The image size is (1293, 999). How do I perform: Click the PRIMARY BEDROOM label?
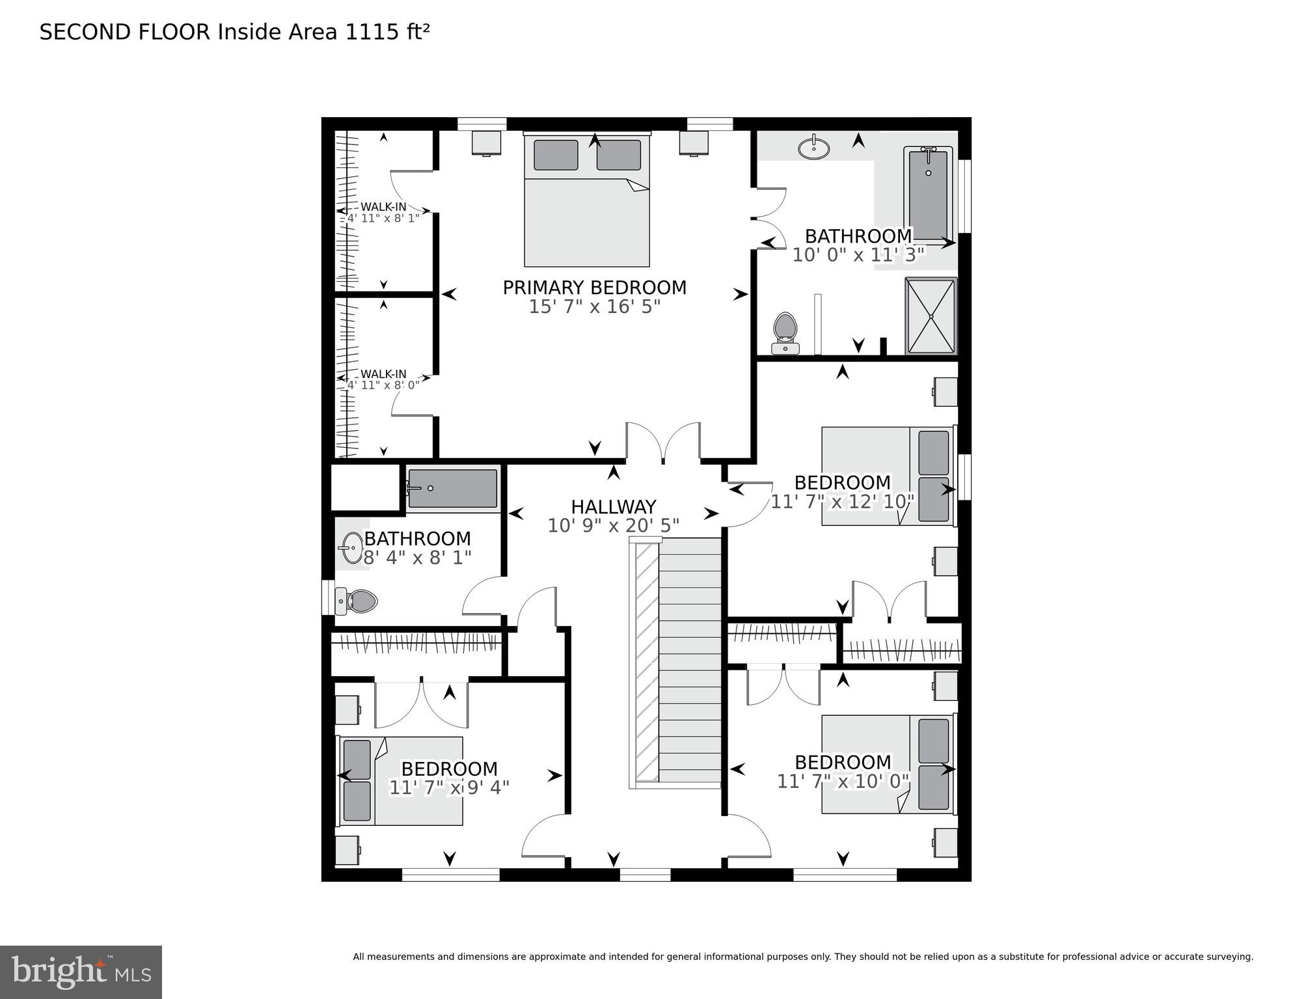click(594, 287)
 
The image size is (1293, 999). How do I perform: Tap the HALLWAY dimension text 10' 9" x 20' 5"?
click(613, 525)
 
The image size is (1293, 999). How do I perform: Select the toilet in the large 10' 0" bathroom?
click(785, 332)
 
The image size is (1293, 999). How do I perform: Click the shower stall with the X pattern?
click(931, 316)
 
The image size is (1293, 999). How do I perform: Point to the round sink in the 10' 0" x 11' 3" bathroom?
click(813, 148)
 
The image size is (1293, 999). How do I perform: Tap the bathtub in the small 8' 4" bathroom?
click(452, 488)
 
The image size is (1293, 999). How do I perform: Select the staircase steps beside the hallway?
click(690, 661)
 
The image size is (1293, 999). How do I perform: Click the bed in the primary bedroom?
click(587, 202)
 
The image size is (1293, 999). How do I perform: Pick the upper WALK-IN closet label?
click(383, 207)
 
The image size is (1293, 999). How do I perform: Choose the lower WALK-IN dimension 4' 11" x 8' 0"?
click(383, 385)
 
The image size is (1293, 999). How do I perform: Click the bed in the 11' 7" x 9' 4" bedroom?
click(401, 781)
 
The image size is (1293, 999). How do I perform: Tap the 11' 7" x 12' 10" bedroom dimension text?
click(843, 501)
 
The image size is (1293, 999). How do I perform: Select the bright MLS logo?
click(81, 972)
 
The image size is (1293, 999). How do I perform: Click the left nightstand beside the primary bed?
click(486, 143)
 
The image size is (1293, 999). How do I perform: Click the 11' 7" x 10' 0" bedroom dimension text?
click(843, 781)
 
